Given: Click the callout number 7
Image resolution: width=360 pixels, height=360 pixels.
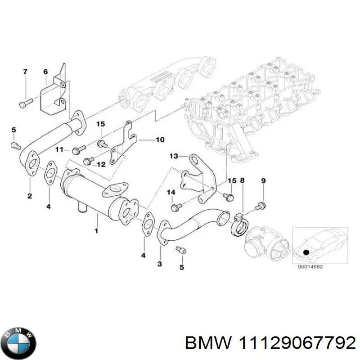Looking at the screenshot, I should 25,72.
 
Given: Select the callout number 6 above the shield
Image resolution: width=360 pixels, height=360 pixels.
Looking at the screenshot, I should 45,72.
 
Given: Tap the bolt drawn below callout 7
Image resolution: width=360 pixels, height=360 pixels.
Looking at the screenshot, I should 24,103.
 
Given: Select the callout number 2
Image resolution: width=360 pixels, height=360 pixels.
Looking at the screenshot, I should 29,196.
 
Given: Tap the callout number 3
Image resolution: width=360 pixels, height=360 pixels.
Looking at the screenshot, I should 159,263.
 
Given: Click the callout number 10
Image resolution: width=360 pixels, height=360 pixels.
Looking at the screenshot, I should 160,140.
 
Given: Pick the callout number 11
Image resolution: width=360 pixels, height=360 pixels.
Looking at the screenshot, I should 59,149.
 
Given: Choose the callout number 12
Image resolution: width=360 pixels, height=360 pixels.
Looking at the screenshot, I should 101,165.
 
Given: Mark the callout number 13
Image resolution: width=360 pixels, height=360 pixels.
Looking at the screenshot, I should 174,156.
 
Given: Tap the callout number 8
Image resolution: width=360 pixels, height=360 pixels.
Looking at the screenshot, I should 243,180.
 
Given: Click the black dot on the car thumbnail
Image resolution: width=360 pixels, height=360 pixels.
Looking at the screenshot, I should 306,252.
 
